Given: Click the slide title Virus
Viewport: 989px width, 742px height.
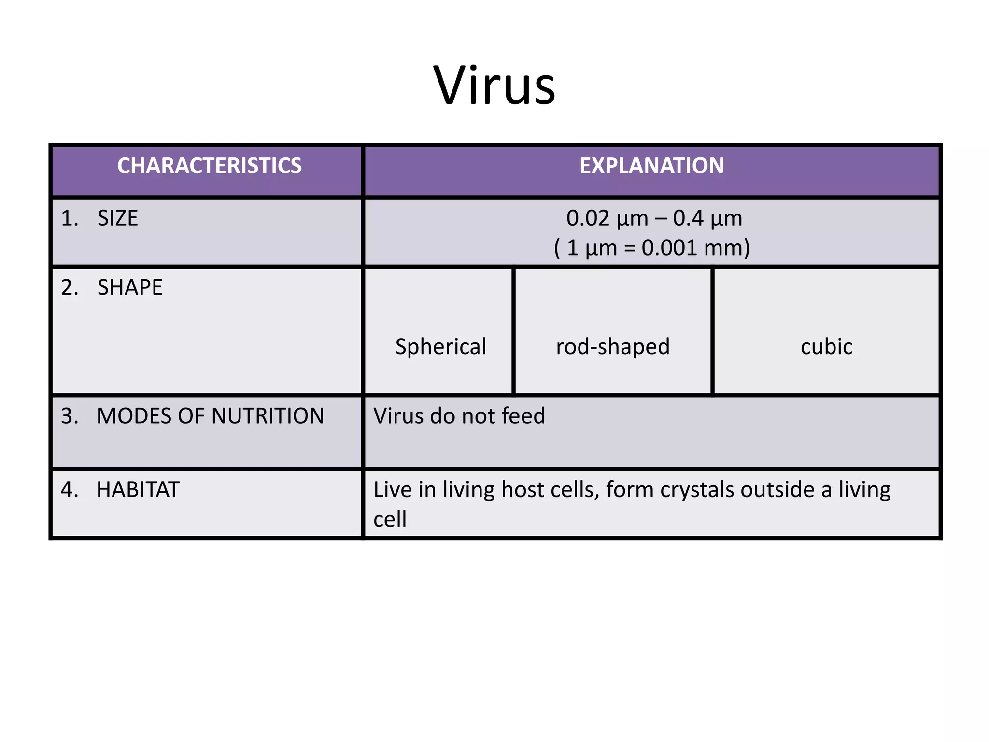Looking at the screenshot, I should click(494, 86).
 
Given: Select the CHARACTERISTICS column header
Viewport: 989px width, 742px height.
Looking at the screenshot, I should click(209, 166).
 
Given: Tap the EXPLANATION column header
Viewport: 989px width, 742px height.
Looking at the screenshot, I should click(651, 166).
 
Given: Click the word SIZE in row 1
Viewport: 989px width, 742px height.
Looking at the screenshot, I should click(117, 218).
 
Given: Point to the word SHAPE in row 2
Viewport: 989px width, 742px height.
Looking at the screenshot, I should click(130, 287).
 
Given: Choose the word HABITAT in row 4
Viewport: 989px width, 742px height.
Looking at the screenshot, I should click(138, 490).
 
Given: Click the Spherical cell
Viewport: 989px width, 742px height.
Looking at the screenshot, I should click(440, 347).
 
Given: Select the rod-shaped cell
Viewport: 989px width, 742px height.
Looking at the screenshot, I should click(613, 347).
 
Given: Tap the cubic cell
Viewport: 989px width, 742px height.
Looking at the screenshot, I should click(826, 347).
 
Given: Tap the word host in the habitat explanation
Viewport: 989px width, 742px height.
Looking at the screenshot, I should click(523, 490).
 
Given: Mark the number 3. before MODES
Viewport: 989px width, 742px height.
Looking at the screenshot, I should click(70, 416).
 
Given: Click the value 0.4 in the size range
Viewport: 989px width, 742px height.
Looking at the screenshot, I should click(688, 218).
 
